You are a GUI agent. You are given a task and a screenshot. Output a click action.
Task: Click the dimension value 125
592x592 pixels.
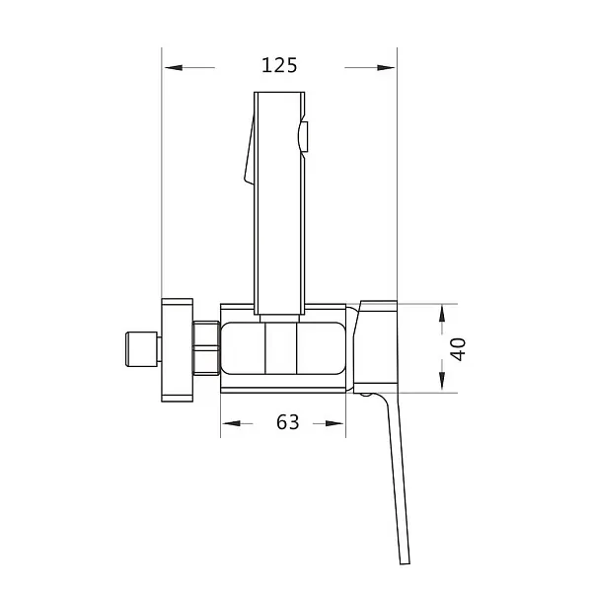tap(279, 66)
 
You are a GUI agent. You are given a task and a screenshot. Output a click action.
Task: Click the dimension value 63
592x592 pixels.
tap(287, 422)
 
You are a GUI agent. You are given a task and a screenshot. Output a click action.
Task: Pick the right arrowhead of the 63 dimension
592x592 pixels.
tap(339, 423)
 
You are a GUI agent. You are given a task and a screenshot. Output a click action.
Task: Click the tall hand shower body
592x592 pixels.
tap(277, 197)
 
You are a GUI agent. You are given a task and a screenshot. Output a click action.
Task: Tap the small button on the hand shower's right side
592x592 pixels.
tap(306, 137)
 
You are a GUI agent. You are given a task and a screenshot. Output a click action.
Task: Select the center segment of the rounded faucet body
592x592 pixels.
tap(280, 350)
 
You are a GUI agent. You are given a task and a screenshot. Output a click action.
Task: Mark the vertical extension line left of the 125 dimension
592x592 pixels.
tap(162, 178)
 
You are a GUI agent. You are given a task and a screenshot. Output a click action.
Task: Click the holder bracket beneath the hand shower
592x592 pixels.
tap(279, 311)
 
